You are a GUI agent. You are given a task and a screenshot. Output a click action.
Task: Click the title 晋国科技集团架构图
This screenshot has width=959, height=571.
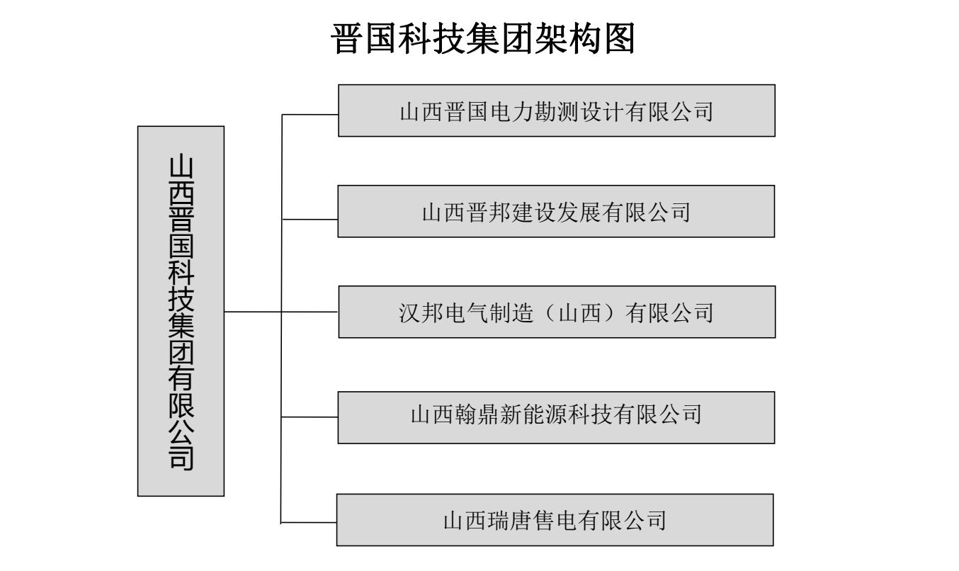tap(482, 38)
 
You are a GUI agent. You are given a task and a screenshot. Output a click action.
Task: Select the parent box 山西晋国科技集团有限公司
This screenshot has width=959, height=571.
tap(181, 311)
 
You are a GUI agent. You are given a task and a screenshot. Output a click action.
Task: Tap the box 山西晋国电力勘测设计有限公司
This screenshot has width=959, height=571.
tap(557, 111)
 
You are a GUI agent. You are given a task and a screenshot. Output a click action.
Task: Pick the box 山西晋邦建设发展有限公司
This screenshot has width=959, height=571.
tap(556, 211)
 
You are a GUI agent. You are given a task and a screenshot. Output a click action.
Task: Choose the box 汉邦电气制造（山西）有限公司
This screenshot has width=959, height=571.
tap(557, 312)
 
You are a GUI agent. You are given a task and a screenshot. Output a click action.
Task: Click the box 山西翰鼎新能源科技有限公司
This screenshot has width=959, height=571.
tap(556, 417)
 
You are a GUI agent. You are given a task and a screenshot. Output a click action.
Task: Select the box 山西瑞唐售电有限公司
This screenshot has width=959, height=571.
tap(555, 520)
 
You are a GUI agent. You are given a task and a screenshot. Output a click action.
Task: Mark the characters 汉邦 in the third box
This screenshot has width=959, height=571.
tap(421, 313)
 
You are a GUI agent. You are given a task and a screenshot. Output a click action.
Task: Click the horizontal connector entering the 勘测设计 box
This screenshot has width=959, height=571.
tap(310, 114)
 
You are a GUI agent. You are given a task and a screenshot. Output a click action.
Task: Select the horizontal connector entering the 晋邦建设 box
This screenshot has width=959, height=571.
tap(310, 220)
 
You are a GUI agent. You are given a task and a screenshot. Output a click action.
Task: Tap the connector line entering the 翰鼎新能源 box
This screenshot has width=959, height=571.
tap(310, 417)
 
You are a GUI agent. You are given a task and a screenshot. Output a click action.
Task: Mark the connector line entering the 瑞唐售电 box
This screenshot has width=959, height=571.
tap(309, 523)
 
